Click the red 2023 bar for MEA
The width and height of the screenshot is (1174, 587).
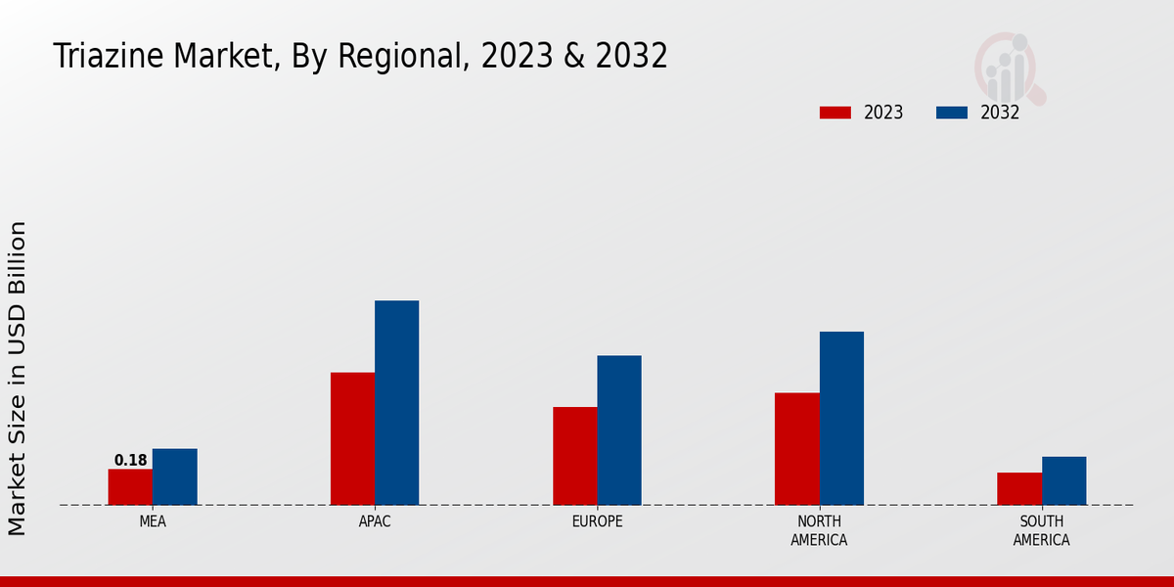click(x=130, y=487)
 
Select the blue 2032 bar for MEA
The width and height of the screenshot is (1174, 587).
click(x=174, y=476)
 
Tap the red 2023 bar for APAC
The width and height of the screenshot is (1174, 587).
click(x=352, y=438)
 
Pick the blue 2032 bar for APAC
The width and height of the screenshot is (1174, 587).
click(x=396, y=402)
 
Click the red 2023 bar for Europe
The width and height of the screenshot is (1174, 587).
click(x=574, y=456)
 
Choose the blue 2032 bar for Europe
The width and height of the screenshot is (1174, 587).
click(x=619, y=429)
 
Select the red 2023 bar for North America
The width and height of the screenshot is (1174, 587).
click(x=796, y=448)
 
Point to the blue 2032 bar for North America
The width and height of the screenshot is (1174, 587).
click(x=841, y=418)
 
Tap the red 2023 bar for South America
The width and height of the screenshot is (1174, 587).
click(x=1019, y=488)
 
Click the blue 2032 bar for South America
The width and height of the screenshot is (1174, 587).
click(x=1063, y=480)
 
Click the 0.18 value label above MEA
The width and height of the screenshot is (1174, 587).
click(x=130, y=460)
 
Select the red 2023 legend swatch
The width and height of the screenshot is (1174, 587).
click(x=835, y=113)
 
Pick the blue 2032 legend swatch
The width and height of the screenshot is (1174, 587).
click(x=951, y=113)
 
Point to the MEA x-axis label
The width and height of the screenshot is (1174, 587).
click(x=153, y=521)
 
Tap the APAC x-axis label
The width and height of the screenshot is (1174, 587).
click(x=375, y=521)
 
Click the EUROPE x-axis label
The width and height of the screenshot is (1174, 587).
click(x=597, y=521)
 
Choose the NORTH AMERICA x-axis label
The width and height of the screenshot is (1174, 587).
click(x=819, y=530)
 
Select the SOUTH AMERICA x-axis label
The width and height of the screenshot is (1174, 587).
click(x=1041, y=530)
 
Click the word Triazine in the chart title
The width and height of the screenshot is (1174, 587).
click(x=108, y=56)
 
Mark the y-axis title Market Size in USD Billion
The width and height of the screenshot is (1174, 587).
click(x=18, y=378)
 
